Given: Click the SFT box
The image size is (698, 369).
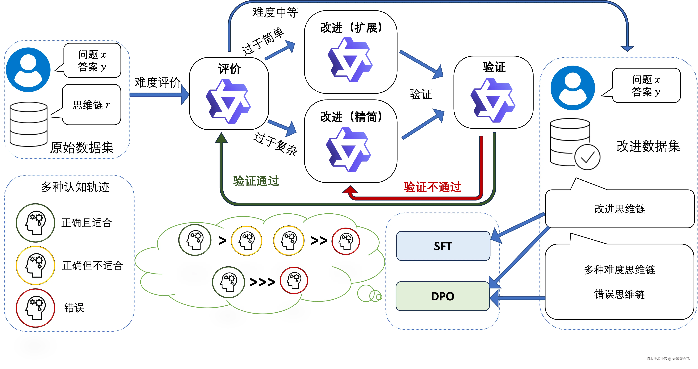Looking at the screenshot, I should pyautogui.click(x=443, y=246).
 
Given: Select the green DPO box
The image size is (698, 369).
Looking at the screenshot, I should pyautogui.click(x=442, y=296).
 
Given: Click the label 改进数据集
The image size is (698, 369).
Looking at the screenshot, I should pyautogui.click(x=648, y=146).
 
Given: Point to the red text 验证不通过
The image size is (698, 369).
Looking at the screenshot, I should pyautogui.click(x=432, y=187).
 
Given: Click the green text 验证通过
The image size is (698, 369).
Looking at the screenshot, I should pyautogui.click(x=256, y=181).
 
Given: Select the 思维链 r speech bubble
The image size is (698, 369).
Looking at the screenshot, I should pyautogui.click(x=91, y=105).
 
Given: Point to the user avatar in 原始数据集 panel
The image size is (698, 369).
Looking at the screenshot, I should pyautogui.click(x=28, y=70).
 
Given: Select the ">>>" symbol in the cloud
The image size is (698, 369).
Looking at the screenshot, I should pyautogui.click(x=262, y=282).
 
